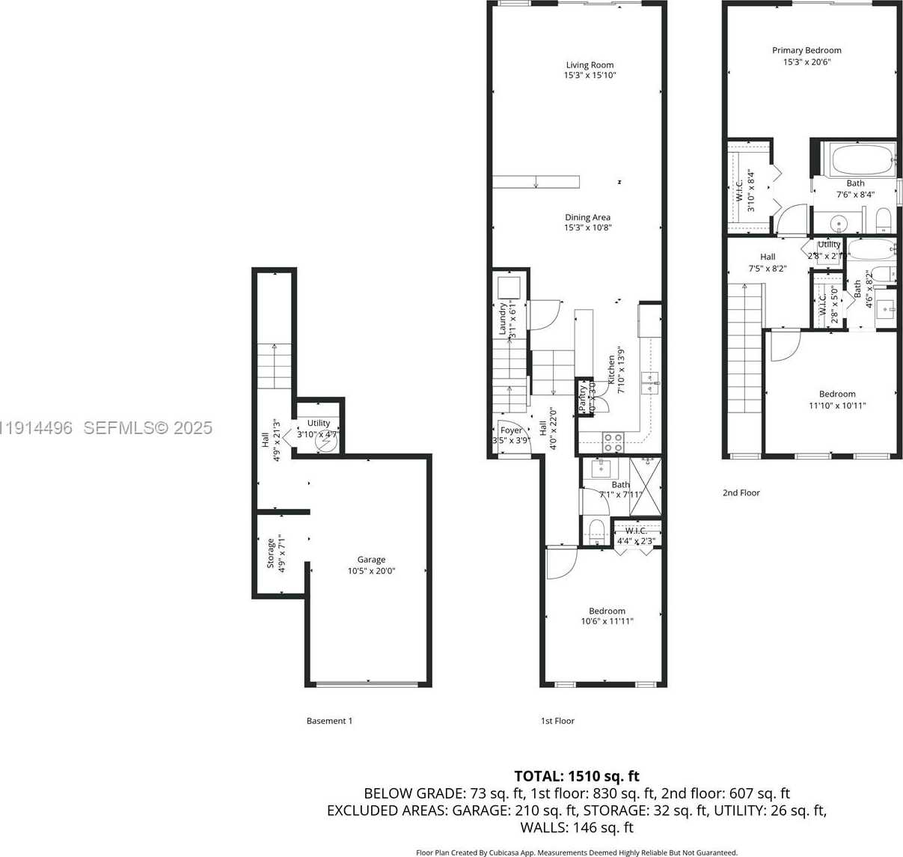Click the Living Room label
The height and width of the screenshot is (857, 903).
click(590, 65)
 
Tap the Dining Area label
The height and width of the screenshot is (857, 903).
click(587, 218)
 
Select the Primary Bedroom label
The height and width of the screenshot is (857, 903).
click(806, 50)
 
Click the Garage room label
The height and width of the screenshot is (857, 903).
click(371, 560)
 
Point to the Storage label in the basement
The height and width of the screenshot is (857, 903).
click(271, 554)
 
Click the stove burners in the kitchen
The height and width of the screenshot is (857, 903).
click(613, 442)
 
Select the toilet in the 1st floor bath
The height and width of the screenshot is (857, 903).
click(596, 531)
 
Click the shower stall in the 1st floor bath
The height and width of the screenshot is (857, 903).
click(646, 487)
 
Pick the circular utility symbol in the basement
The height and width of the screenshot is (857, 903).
click(325, 443)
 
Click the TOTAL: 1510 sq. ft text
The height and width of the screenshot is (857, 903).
click(576, 776)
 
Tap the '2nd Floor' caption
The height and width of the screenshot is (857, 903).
click(741, 492)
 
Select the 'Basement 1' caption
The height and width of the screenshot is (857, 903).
click(329, 721)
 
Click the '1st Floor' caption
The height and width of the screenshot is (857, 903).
click(557, 721)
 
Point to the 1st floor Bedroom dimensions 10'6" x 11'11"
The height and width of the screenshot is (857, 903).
click(607, 621)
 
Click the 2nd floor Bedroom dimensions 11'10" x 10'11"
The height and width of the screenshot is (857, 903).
click(837, 405)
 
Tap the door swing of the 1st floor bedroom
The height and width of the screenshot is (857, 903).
click(560, 564)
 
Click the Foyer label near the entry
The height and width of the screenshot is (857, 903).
click(511, 430)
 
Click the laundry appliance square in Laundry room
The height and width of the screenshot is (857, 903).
click(509, 287)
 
